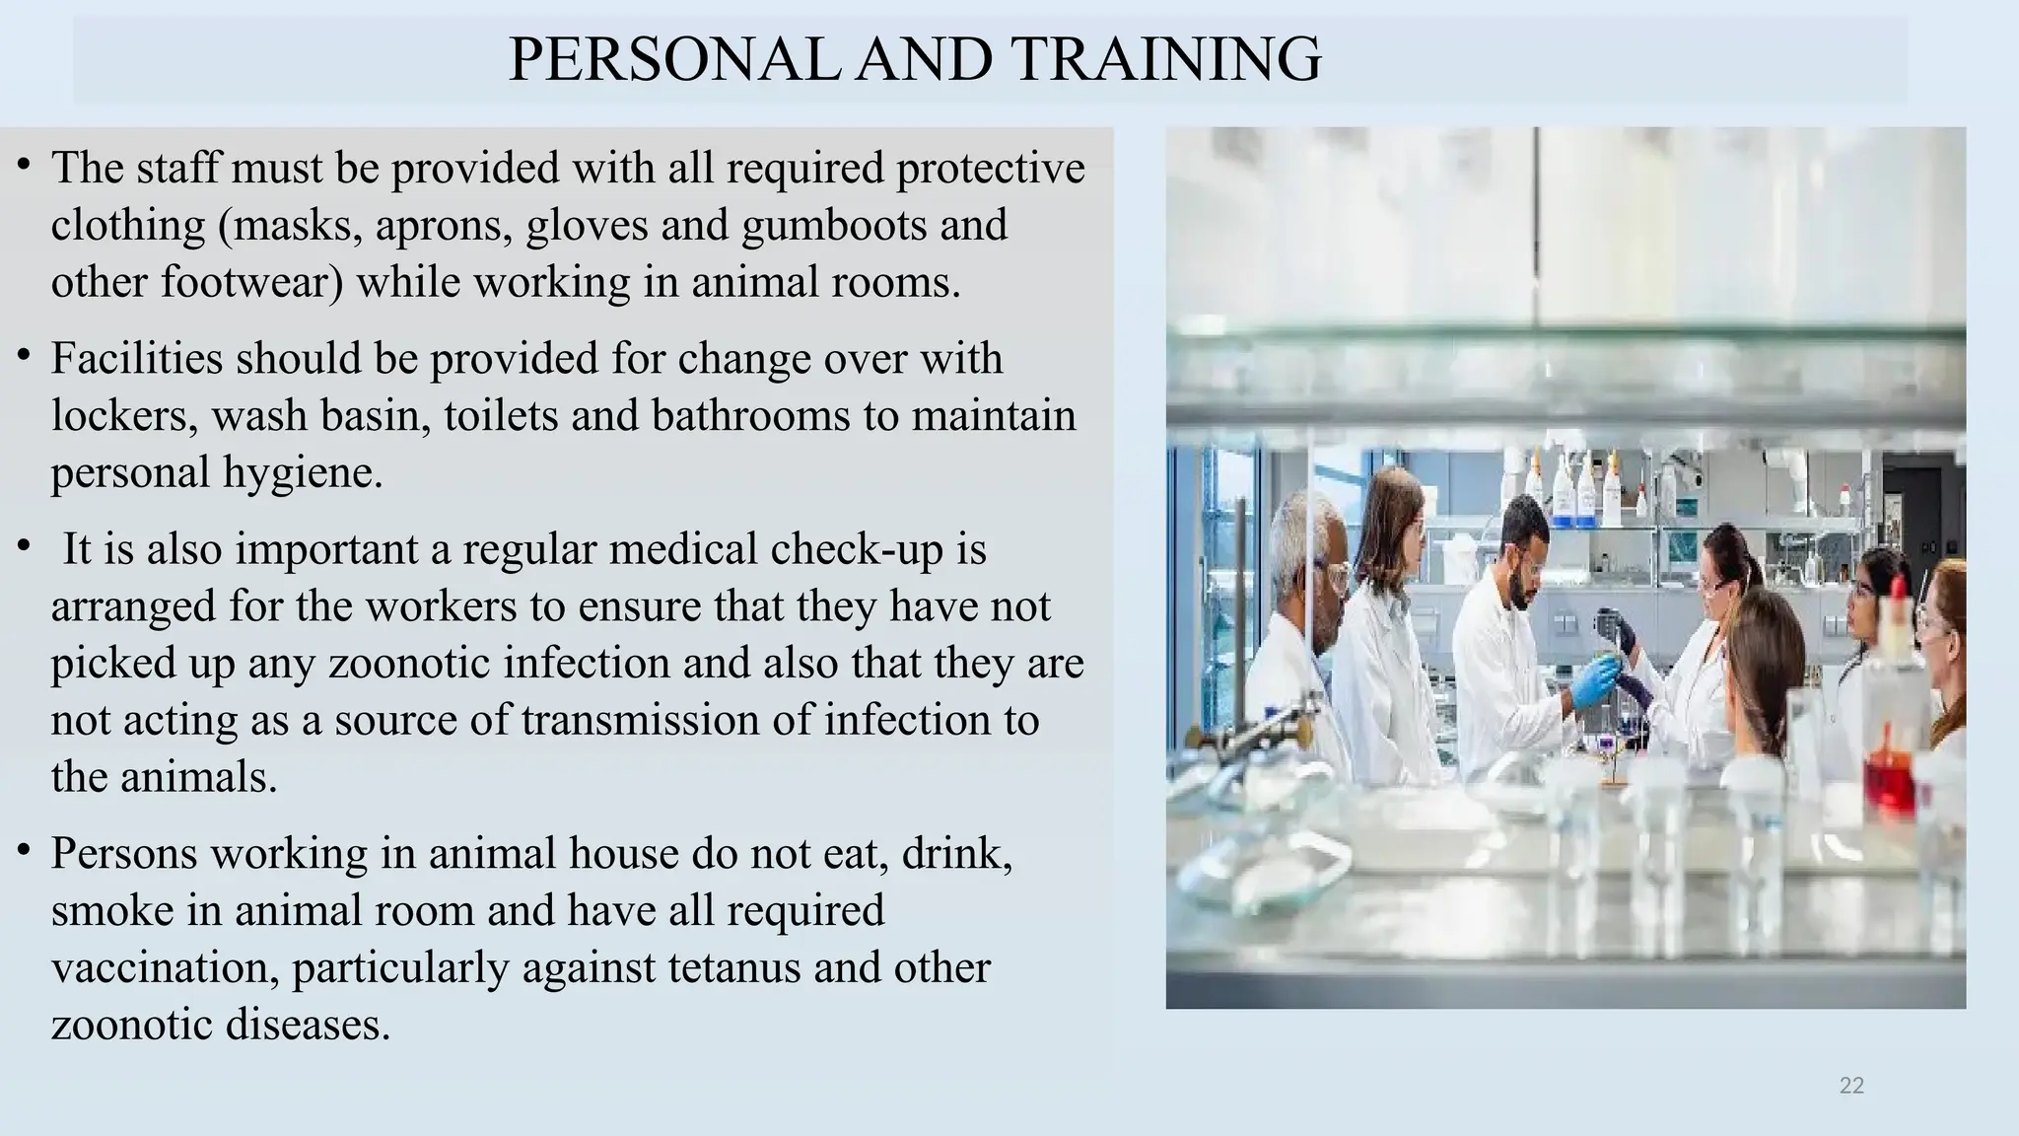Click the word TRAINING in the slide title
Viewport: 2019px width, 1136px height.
point(1165,59)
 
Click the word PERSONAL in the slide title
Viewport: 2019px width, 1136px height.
point(673,59)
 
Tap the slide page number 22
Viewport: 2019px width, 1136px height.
point(1851,1086)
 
